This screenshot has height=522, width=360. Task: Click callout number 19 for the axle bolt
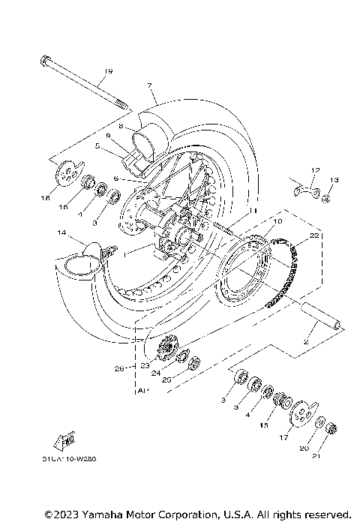tap(108, 71)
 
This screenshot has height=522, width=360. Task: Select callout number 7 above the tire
tap(150, 86)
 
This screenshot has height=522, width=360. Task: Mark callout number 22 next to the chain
tap(315, 235)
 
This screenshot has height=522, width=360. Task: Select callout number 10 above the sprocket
tap(277, 223)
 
